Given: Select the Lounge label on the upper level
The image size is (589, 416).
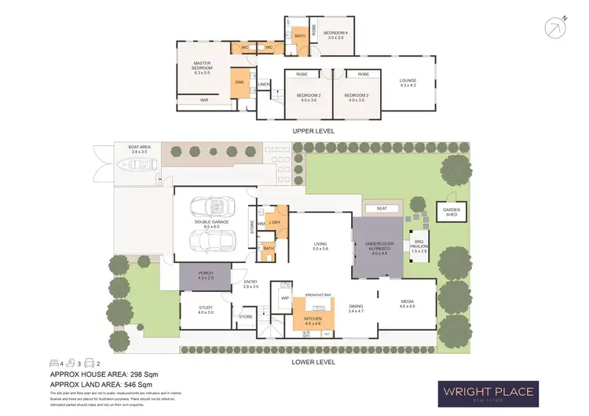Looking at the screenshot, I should [408, 82].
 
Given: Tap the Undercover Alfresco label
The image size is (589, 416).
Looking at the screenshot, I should [379, 247].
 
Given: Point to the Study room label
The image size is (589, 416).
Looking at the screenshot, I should [206, 310].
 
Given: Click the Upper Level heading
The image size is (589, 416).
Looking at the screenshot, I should [314, 130].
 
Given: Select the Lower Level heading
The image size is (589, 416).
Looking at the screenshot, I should [314, 362].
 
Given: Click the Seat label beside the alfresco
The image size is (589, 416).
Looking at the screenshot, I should [382, 208].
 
